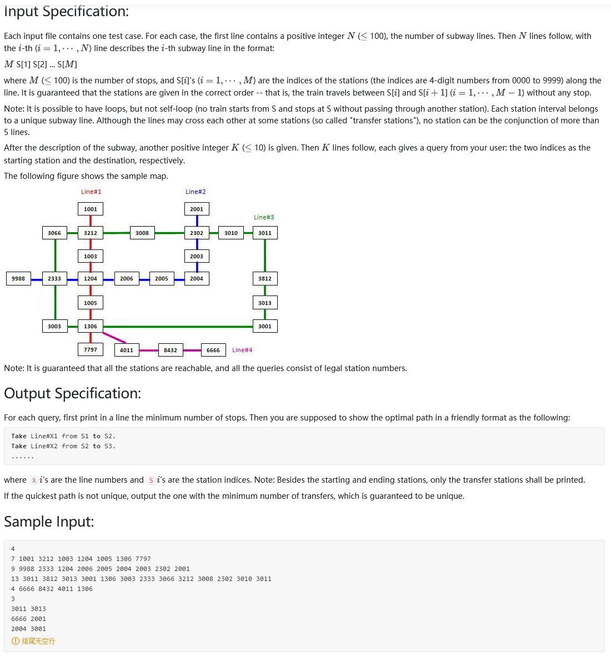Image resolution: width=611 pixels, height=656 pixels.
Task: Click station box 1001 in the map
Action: click(91, 209)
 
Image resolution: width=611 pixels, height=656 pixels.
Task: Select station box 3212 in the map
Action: click(91, 233)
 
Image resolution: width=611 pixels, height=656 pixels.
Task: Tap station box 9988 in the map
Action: click(18, 278)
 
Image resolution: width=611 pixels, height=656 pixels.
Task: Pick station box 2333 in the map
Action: click(54, 278)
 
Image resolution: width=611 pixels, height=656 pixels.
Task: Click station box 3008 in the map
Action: click(142, 233)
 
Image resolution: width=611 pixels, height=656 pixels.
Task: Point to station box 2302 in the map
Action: click(197, 233)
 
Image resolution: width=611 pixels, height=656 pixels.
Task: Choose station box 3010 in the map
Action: click(231, 233)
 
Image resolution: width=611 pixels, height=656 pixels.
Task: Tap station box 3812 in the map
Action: click(265, 278)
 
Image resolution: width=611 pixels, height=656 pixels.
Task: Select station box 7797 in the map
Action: click(91, 349)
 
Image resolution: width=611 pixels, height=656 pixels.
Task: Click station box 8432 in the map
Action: click(171, 350)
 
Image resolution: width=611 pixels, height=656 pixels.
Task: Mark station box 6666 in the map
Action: click(213, 350)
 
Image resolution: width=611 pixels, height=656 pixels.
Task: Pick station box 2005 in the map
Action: click(162, 278)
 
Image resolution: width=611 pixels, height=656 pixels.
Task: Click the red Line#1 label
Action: click(91, 192)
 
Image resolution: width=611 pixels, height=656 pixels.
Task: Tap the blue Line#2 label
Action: click(196, 192)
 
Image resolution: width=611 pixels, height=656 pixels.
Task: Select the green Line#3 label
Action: click(264, 217)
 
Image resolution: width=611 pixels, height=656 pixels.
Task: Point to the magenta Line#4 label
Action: click(242, 350)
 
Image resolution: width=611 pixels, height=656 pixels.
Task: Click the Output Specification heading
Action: click(72, 393)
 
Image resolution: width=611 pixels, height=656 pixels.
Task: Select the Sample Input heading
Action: click(49, 522)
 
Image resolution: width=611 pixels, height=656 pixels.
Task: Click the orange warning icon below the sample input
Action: click(15, 641)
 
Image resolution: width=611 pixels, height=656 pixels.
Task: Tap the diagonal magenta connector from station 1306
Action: click(114, 337)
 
